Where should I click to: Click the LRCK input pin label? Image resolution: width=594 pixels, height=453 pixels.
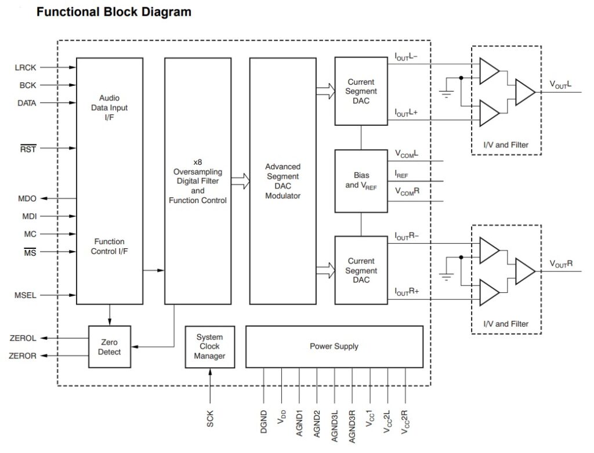tap(26, 67)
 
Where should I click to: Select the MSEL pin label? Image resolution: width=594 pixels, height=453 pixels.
tap(26, 295)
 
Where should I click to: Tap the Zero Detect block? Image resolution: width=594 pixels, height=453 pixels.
tap(110, 347)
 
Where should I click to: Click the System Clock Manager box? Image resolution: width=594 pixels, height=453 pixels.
tap(209, 346)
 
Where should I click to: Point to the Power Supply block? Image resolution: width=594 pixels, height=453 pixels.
tap(334, 346)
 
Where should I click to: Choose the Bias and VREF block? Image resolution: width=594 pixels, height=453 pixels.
tap(361, 180)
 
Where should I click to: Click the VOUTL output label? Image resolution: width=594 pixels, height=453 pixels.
tap(561, 84)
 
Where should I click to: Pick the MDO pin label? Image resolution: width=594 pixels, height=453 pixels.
tap(27, 198)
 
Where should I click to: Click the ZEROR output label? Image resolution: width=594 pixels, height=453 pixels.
tap(23, 356)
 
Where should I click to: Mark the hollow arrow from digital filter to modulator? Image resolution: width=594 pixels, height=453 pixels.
tap(240, 181)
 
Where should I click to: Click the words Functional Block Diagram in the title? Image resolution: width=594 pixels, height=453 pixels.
tap(114, 12)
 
